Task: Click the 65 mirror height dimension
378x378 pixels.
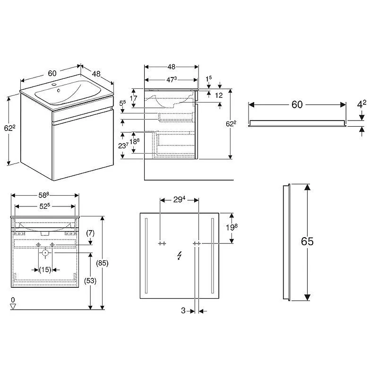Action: pos(307,241)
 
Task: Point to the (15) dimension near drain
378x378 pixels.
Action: pos(45,270)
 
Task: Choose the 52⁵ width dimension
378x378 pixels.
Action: pos(44,206)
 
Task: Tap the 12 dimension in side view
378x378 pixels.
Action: pos(219,95)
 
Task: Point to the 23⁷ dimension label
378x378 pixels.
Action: pos(124,145)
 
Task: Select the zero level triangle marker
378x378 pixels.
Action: pos(13,306)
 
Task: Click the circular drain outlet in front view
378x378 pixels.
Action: pos(45,253)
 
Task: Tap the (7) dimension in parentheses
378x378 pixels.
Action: pos(91,234)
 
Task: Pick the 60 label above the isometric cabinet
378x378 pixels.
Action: pos(52,73)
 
